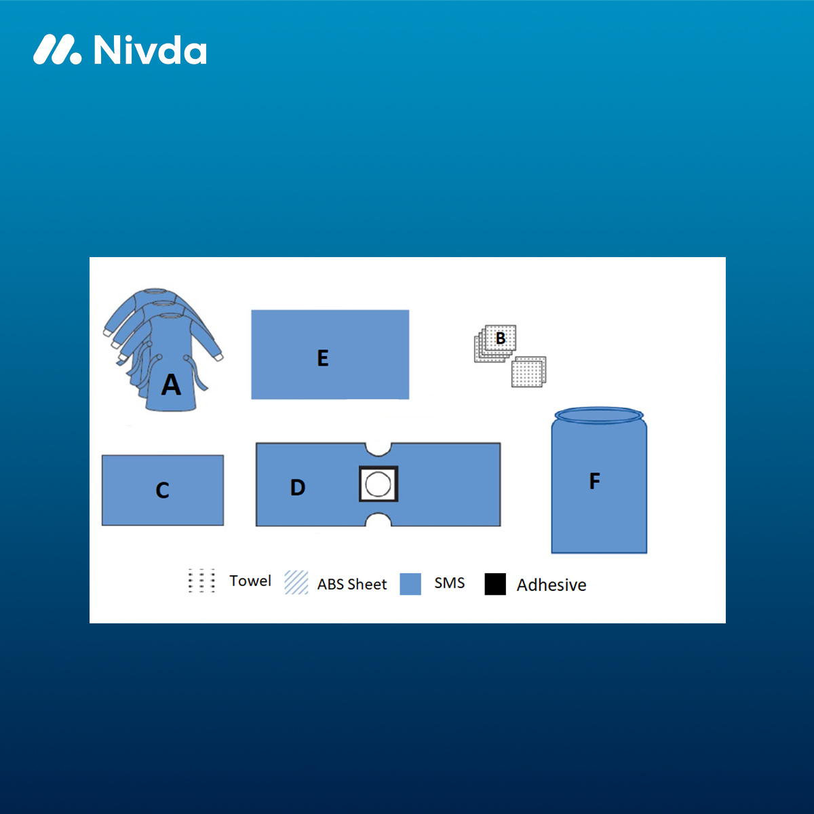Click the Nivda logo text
(x=151, y=50)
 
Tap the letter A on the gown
(x=171, y=385)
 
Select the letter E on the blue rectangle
(x=323, y=357)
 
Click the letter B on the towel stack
(x=501, y=338)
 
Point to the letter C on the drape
(x=163, y=490)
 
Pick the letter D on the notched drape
(x=298, y=487)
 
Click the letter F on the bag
(x=595, y=481)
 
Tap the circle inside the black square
(x=378, y=484)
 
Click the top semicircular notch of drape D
(x=379, y=449)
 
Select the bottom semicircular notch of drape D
(x=379, y=520)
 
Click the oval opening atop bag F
(x=599, y=415)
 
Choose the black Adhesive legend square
(x=495, y=584)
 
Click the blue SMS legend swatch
(x=410, y=584)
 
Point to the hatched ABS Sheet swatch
(x=296, y=583)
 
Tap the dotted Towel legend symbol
(x=201, y=581)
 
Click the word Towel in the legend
(x=250, y=581)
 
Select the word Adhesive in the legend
(x=551, y=585)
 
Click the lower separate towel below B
(x=528, y=372)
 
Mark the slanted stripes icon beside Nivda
(x=58, y=50)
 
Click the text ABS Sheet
(x=352, y=584)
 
